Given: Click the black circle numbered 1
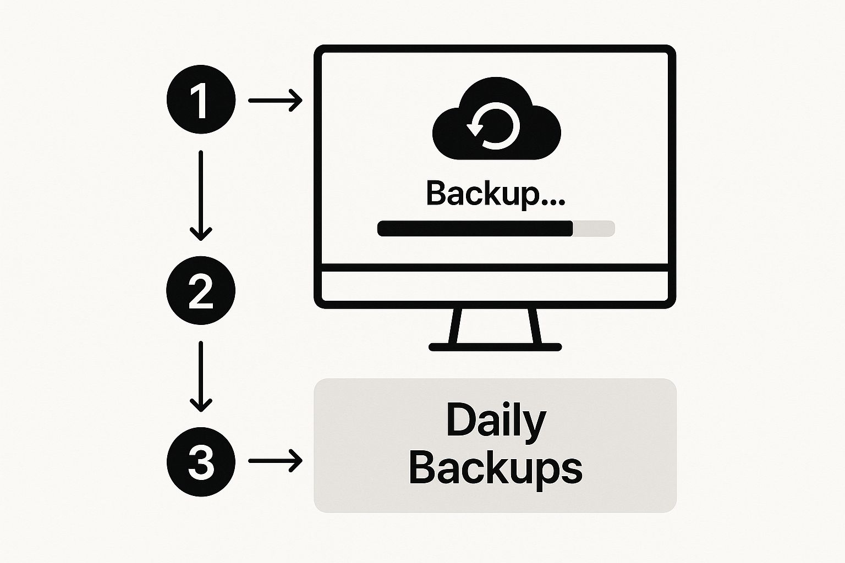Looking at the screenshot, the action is (x=201, y=100).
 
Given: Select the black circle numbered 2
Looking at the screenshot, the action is (x=201, y=290).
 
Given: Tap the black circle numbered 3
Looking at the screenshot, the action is (x=201, y=462).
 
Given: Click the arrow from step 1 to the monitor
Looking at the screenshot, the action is (x=275, y=100).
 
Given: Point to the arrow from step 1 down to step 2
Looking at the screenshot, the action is (x=201, y=196).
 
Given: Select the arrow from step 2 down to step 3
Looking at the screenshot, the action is (x=201, y=376).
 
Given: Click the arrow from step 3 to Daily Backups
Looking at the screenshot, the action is (x=275, y=460).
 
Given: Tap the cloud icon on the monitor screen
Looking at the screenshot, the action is (x=496, y=118).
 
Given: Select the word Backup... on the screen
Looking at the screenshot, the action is (x=495, y=194).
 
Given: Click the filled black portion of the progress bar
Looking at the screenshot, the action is (x=475, y=229).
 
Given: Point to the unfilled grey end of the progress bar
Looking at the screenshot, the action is (x=594, y=229).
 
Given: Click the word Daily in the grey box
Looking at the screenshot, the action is (x=496, y=422).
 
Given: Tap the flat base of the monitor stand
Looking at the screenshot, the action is (x=495, y=347).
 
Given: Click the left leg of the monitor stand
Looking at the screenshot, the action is (x=455, y=326).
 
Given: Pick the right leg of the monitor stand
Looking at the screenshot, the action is (x=535, y=326).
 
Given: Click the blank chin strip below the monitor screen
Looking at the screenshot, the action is (x=495, y=286).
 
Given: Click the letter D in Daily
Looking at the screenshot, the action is (x=460, y=420).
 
